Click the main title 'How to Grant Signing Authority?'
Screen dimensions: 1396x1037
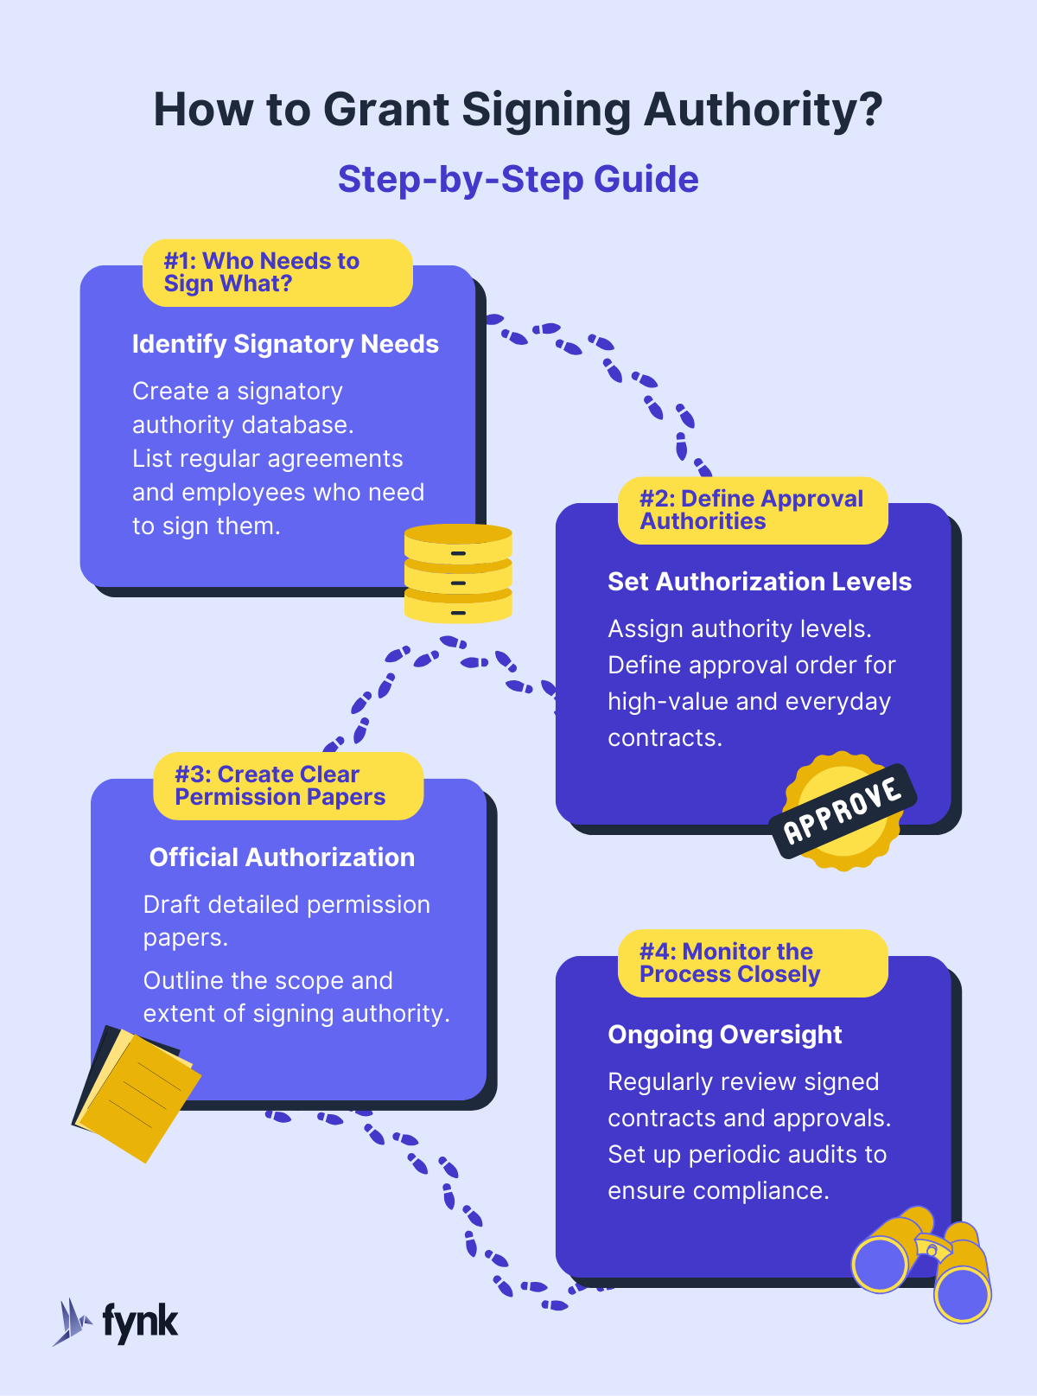click(518, 110)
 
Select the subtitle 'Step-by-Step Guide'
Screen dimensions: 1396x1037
click(518, 179)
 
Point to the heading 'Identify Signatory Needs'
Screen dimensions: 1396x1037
click(285, 344)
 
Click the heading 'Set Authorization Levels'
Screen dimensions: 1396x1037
click(759, 582)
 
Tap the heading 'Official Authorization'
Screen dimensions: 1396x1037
click(282, 857)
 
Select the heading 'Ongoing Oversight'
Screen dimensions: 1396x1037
click(724, 1035)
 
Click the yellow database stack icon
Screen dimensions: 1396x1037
click(458, 573)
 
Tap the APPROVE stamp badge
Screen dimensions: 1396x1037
click(842, 811)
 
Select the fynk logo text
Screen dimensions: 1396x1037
click(140, 1322)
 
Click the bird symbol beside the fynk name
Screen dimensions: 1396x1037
click(72, 1322)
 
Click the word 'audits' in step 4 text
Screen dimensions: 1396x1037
click(796, 1155)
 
